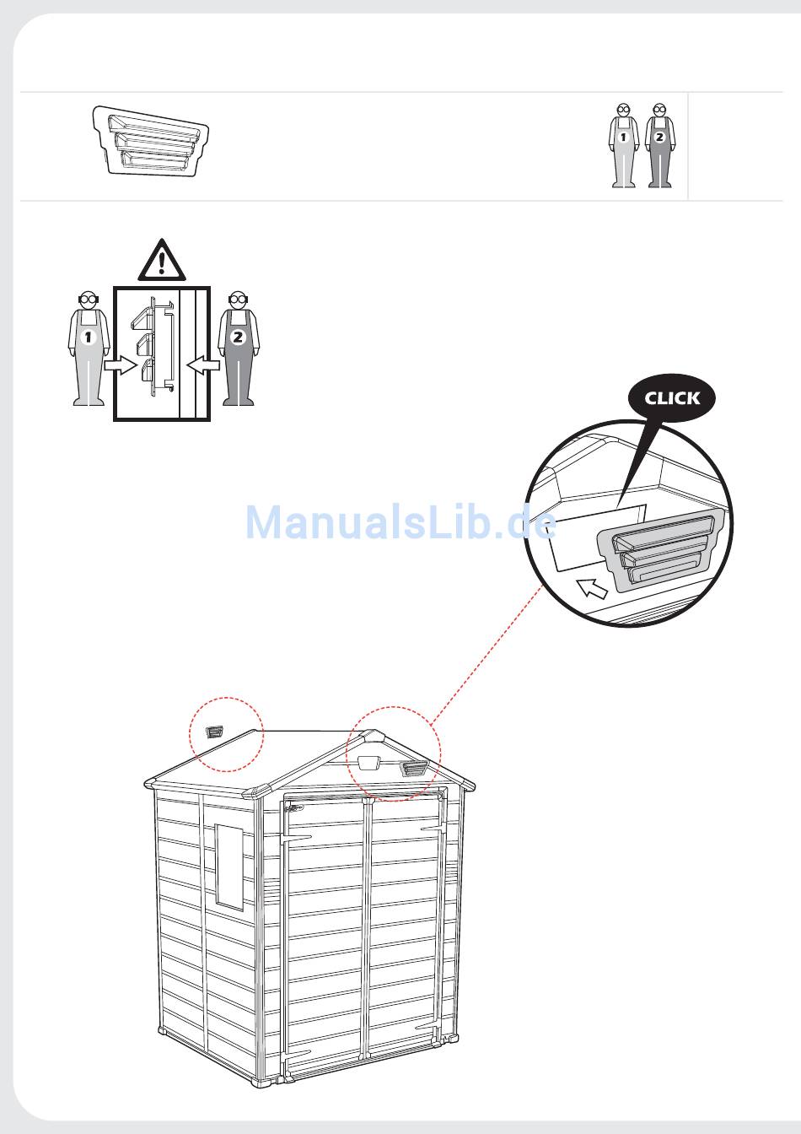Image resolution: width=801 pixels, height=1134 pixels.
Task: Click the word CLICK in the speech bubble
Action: coord(672,398)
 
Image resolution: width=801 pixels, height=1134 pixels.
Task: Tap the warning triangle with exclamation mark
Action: coord(162,260)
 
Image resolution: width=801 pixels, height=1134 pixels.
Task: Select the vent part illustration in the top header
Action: coord(150,141)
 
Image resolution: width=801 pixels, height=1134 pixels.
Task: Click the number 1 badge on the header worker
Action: coord(623,137)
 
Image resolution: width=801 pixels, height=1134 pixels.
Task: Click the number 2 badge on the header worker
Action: coord(659,137)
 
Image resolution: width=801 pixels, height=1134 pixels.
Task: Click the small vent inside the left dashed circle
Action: coord(214,732)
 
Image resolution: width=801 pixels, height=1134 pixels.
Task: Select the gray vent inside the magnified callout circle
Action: coord(659,550)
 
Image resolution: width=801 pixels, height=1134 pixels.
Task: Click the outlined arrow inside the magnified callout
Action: coord(592,588)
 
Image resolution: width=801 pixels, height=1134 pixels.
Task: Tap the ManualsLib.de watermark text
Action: coord(400,522)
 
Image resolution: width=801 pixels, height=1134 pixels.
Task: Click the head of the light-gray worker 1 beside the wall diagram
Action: coord(89,300)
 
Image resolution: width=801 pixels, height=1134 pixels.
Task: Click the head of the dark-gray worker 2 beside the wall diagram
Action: coord(237,300)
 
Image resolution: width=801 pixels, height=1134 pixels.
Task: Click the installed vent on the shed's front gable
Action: coord(414,769)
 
